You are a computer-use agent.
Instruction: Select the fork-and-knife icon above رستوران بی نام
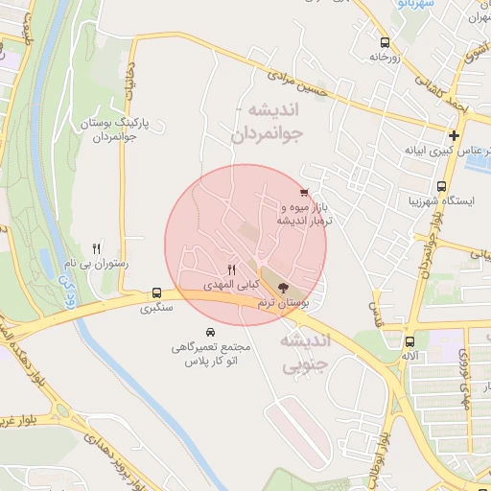tap(96, 247)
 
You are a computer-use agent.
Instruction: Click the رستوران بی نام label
tap(96, 263)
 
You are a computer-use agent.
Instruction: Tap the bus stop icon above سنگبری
tap(156, 293)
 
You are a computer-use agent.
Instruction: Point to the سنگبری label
tap(157, 309)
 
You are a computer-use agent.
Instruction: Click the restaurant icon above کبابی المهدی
tap(230, 270)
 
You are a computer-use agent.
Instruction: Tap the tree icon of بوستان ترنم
tap(282, 288)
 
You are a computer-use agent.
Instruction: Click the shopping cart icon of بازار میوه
tap(304, 193)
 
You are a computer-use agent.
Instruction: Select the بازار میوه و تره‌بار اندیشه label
tap(305, 214)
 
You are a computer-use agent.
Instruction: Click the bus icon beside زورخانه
tap(385, 42)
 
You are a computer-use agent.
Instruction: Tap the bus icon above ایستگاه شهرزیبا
tap(441, 187)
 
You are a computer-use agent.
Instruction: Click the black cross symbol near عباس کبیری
tap(453, 135)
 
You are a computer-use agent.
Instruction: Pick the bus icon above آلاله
tap(410, 341)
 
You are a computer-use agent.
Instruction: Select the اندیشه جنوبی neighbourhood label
tap(309, 353)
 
